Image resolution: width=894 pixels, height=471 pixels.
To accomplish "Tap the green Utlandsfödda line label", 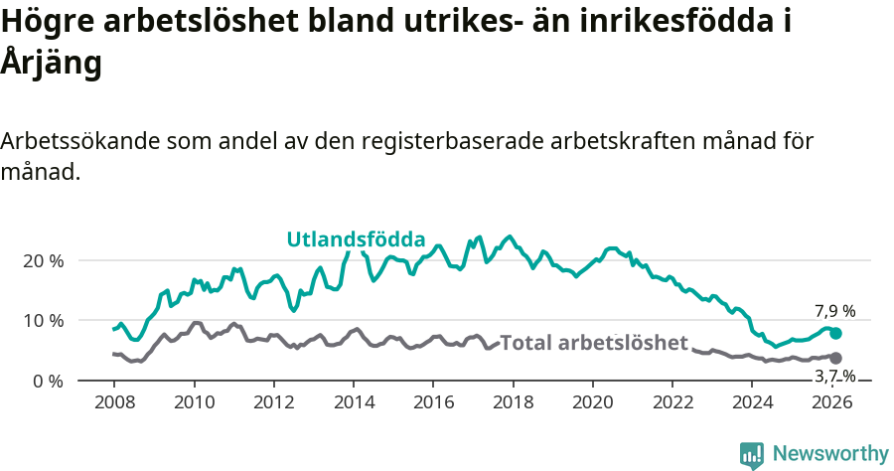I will coord(356,239).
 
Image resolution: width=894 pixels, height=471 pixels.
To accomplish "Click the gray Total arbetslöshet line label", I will coord(594,343).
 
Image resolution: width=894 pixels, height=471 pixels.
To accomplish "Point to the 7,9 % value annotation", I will coord(834,310).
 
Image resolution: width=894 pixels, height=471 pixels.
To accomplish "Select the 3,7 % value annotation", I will coord(834,376).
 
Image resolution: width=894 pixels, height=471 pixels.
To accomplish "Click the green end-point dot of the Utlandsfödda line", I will coord(835,334).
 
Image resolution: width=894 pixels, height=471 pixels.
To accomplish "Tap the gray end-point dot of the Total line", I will coord(835,358).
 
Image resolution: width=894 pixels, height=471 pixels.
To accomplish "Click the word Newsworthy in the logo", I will coord(829,454).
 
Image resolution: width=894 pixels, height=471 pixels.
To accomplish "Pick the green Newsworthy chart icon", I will coord(752,454).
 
